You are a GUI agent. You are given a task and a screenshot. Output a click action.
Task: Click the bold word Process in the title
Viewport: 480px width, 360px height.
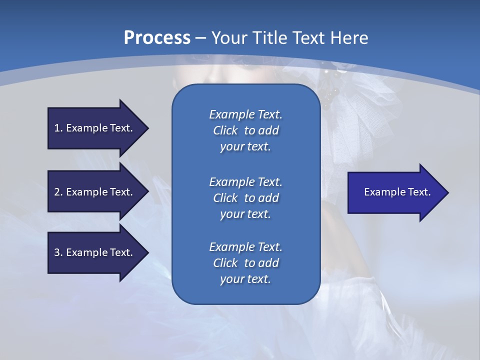157,37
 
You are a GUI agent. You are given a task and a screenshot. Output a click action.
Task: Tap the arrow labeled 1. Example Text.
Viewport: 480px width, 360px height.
95,128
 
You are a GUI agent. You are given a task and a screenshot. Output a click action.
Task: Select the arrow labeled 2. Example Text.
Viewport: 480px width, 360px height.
95,192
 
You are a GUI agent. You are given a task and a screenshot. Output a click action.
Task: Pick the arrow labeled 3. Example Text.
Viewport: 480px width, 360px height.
95,252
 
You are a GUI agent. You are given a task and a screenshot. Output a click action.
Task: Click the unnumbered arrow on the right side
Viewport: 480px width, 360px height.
395,192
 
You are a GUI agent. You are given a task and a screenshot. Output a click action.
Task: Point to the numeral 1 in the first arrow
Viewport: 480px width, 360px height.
57,128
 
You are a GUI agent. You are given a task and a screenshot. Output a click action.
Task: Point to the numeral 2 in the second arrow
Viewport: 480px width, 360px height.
57,192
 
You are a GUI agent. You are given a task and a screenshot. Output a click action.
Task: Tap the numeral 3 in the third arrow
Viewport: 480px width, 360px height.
57,252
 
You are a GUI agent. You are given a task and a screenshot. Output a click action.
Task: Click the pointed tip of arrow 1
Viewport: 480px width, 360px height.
147,128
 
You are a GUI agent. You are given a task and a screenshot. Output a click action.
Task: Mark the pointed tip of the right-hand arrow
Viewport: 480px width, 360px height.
447,192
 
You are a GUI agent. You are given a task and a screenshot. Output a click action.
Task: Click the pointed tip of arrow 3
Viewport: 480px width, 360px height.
147,252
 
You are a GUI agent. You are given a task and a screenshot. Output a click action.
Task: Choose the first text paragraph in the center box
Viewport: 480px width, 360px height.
245,130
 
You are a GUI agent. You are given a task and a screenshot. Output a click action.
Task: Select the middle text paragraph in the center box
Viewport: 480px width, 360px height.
245,198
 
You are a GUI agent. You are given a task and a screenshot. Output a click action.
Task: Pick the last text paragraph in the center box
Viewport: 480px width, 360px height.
245,263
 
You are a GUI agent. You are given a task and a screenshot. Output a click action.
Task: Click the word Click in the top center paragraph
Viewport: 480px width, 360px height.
225,130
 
